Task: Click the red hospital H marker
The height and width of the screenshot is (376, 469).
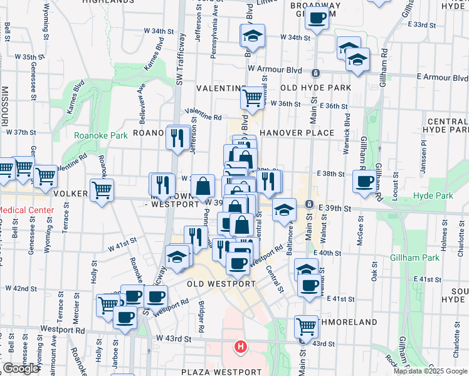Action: point(240,346)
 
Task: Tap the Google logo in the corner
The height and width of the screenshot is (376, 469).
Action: point(21,368)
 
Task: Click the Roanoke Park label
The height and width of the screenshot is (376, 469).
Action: point(100,135)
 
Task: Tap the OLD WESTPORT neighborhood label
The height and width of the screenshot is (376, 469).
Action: point(221,283)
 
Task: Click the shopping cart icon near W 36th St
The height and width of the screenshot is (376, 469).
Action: point(251,97)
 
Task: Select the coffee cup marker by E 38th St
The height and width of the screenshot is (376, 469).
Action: point(364,181)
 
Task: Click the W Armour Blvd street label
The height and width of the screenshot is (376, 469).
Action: point(275,70)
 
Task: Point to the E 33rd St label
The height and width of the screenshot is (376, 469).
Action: point(421,24)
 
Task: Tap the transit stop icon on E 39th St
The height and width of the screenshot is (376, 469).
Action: point(309,204)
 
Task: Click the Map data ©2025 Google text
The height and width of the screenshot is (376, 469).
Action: point(430,371)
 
